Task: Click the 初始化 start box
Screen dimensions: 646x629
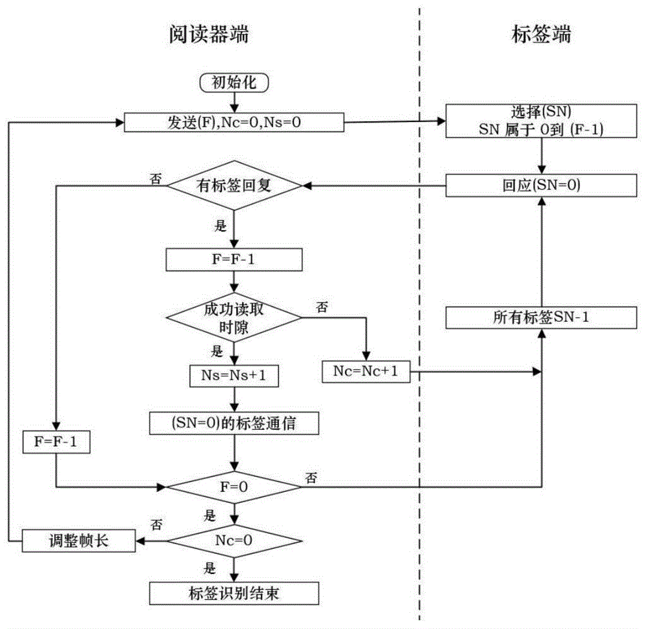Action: click(x=234, y=83)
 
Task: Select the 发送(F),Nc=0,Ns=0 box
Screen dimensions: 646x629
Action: click(x=234, y=122)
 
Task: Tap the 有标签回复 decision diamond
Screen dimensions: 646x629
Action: click(x=234, y=186)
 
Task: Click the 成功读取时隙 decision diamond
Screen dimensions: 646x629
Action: click(x=234, y=318)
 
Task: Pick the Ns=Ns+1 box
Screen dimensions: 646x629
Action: click(x=234, y=376)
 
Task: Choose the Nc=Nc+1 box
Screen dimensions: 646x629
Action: click(x=366, y=371)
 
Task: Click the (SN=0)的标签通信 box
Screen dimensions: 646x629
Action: click(x=234, y=423)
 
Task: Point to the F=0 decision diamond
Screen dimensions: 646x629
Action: click(x=234, y=487)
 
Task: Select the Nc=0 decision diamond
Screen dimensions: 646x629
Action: click(x=234, y=541)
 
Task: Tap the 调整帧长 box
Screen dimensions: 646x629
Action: click(x=79, y=541)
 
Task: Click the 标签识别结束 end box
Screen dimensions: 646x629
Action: click(x=234, y=593)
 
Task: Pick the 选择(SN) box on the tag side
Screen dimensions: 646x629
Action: click(x=541, y=121)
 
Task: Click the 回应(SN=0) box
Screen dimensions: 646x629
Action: click(x=541, y=186)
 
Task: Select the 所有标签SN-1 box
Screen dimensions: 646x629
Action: click(x=541, y=317)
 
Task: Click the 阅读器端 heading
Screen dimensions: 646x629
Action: click(x=209, y=34)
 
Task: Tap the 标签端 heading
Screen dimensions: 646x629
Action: click(x=541, y=34)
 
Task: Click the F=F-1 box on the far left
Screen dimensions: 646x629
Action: click(x=56, y=442)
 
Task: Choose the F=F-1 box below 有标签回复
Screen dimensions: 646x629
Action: click(x=234, y=260)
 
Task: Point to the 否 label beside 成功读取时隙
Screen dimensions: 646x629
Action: click(x=322, y=307)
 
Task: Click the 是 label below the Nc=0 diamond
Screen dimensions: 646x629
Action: click(x=210, y=568)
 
